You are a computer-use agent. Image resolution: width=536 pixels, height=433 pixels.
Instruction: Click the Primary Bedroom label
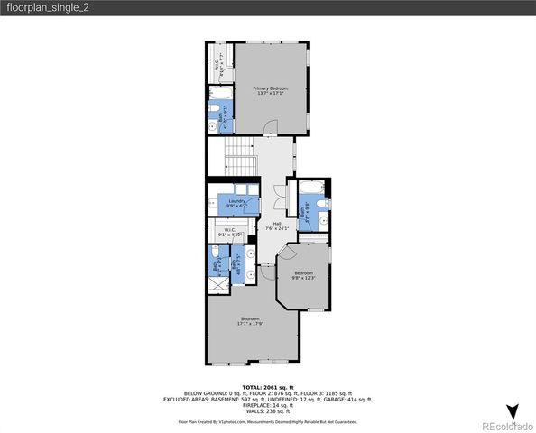272,90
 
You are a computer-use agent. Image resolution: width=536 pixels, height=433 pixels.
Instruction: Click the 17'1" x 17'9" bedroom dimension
250,322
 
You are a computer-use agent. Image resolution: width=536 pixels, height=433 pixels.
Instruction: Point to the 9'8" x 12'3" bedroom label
303,275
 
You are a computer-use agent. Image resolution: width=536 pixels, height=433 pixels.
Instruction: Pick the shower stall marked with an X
216,284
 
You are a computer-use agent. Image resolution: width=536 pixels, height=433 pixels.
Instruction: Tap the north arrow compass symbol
513,412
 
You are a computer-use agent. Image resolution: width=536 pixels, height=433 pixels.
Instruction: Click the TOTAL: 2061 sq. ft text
267,387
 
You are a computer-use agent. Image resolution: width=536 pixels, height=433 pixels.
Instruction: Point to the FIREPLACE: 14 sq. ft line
267,405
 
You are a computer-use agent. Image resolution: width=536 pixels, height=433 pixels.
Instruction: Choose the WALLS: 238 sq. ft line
267,411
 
